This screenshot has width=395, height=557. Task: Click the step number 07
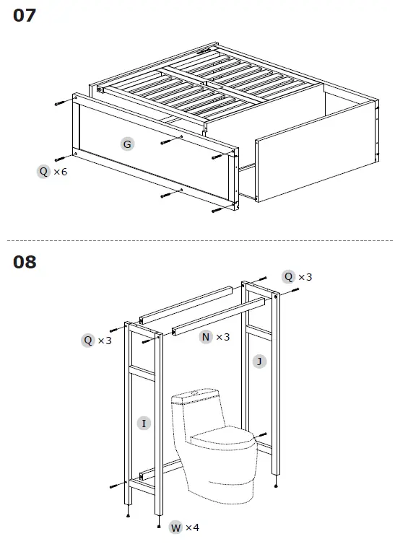[24, 14]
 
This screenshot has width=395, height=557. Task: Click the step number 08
[24, 261]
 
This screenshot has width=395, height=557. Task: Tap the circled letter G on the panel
[127, 144]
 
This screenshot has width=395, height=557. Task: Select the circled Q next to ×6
[45, 171]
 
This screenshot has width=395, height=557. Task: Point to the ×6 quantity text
[61, 171]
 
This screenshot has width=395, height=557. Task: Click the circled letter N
[207, 337]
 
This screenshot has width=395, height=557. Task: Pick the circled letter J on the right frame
[259, 361]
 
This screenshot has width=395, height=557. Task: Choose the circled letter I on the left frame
[144, 423]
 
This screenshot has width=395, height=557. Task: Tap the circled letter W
[175, 527]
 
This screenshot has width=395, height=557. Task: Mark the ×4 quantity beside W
[192, 527]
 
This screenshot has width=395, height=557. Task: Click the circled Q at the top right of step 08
[289, 276]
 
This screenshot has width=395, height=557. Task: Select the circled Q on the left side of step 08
[87, 340]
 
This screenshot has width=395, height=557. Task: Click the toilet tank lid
[195, 395]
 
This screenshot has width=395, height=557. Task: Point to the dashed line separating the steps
[197, 240]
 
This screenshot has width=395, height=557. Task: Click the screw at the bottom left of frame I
[115, 486]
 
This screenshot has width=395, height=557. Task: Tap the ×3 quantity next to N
[223, 337]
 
